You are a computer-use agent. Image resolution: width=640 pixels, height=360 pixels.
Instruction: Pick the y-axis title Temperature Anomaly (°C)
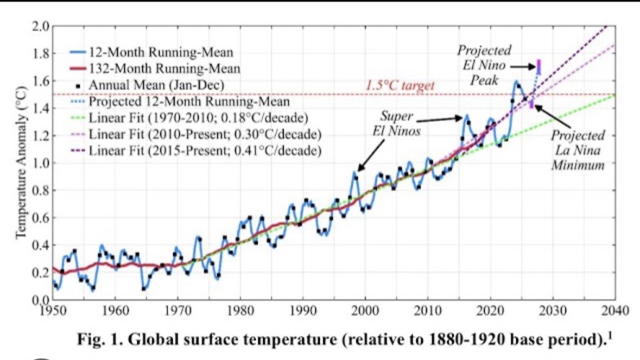[21, 163]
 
